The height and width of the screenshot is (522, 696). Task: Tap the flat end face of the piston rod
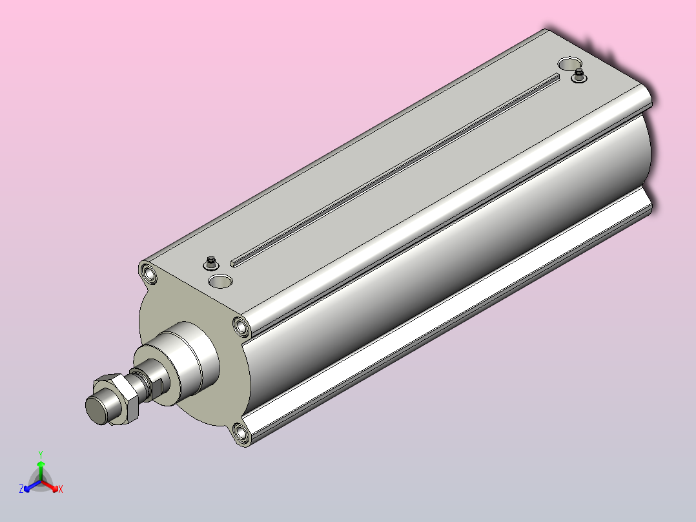coord(97,409)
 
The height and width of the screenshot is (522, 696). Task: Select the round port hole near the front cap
coord(221,281)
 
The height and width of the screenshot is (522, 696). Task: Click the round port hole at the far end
coord(570,63)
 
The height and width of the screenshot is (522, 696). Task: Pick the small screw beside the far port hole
coord(578,76)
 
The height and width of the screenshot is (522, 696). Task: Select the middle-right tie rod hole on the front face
coord(242,327)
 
